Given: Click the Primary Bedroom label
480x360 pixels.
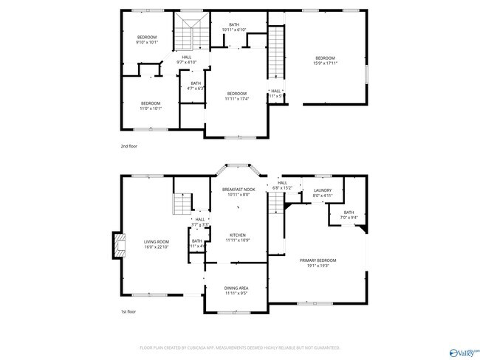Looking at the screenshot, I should pos(318,263).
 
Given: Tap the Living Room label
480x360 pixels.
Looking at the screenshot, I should pos(136,244).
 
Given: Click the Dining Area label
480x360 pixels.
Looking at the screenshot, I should pos(236,291).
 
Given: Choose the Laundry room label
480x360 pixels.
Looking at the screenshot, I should pos(322,193).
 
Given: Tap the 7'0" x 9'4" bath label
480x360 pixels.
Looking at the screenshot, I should pos(349,215).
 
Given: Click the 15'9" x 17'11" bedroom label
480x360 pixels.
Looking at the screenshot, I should pos(325,60).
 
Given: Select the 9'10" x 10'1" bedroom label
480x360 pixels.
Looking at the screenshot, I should pos(148,40).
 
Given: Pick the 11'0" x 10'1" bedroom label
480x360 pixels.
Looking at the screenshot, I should pos(151,105).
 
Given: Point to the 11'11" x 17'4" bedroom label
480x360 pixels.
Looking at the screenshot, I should pos(236,96).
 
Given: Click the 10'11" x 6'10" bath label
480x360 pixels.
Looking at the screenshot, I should pos(234,27).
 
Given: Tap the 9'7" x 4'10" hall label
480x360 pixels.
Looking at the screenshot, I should pos(186,59).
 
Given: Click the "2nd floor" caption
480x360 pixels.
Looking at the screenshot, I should pos(129,146).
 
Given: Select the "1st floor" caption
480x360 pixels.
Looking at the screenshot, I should pos(129,312).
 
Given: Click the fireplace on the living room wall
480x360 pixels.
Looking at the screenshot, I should pos(116,246).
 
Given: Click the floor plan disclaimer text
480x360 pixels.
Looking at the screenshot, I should pos(239,347).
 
